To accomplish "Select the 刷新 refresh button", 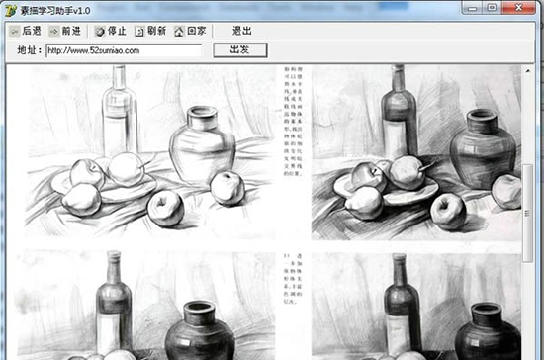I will (151, 32).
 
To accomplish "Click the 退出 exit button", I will (241, 32).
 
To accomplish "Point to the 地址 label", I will (29, 49).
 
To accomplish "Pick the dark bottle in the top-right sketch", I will (401, 119).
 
